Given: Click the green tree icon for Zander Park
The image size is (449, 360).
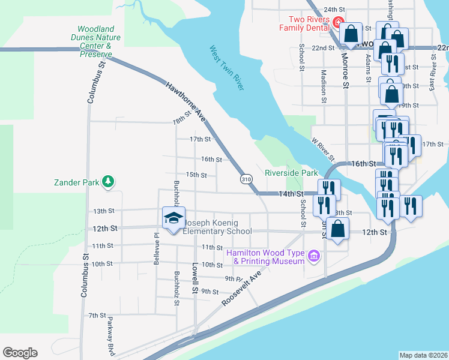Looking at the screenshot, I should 108,181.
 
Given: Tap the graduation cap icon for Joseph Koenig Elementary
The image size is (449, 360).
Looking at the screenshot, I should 173,218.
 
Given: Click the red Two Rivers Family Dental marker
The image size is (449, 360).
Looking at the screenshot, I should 338,24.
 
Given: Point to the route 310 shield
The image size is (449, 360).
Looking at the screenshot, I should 246,179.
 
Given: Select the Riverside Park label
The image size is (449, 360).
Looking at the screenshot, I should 291,173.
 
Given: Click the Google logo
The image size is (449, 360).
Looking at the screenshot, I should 20,353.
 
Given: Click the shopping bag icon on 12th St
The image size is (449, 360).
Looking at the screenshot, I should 339,229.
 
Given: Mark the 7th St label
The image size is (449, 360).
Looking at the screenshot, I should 97,315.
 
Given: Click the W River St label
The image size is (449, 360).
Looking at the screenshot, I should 322,150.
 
